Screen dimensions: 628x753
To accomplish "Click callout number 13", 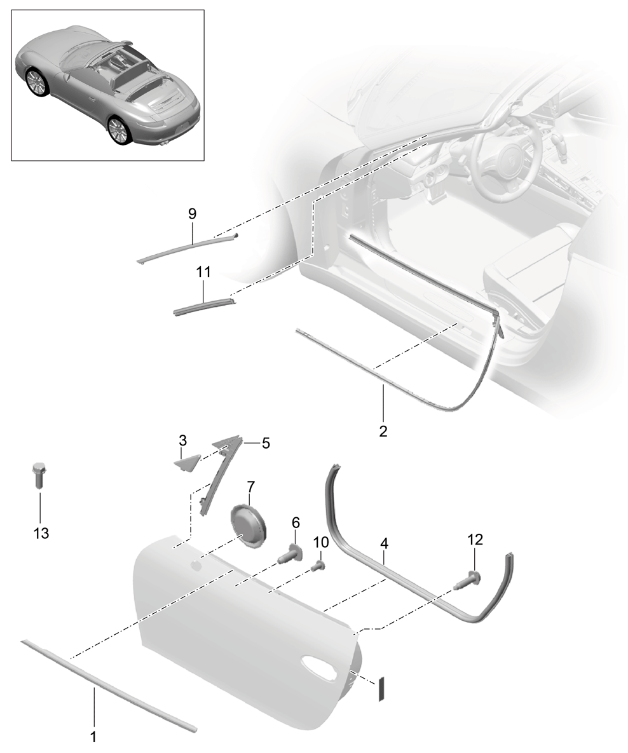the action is (x=41, y=533).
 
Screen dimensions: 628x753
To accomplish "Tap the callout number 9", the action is (x=192, y=214).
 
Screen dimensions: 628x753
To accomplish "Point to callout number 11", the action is (x=203, y=273).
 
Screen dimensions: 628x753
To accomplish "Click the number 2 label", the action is (x=383, y=431).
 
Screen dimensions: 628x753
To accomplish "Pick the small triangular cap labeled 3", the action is (x=186, y=464).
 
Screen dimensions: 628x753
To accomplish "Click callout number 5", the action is (x=266, y=443).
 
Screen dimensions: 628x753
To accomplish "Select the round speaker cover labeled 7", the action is (x=249, y=526).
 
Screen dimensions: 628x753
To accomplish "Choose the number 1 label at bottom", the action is (x=94, y=736).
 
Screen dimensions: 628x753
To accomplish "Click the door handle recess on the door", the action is (x=321, y=666).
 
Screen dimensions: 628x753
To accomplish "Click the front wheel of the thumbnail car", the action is (x=36, y=81).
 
